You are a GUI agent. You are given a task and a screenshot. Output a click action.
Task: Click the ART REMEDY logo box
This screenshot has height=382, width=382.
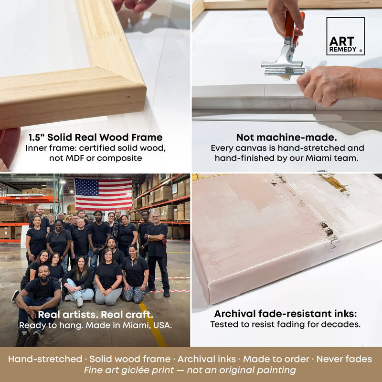coord(345,36)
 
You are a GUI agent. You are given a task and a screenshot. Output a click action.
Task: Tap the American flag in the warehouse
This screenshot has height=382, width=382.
coord(103,194)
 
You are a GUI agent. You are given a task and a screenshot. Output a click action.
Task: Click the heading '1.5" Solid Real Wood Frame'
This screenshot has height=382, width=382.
coord(95,138)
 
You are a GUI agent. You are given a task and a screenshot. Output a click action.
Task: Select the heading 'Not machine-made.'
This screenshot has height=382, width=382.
coord(286,138)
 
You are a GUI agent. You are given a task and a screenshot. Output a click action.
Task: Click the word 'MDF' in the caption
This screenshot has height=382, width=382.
coord(74,158)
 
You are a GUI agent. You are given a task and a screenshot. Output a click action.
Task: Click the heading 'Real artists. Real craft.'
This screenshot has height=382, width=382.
coord(95,315)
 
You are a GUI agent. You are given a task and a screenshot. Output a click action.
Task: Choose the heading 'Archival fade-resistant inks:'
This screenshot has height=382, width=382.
coord(285,314)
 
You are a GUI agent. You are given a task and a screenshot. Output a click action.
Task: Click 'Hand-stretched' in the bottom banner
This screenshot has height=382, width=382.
coord(45,359)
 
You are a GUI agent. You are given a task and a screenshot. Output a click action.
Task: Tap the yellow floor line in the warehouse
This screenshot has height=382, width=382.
coord(153,324)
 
